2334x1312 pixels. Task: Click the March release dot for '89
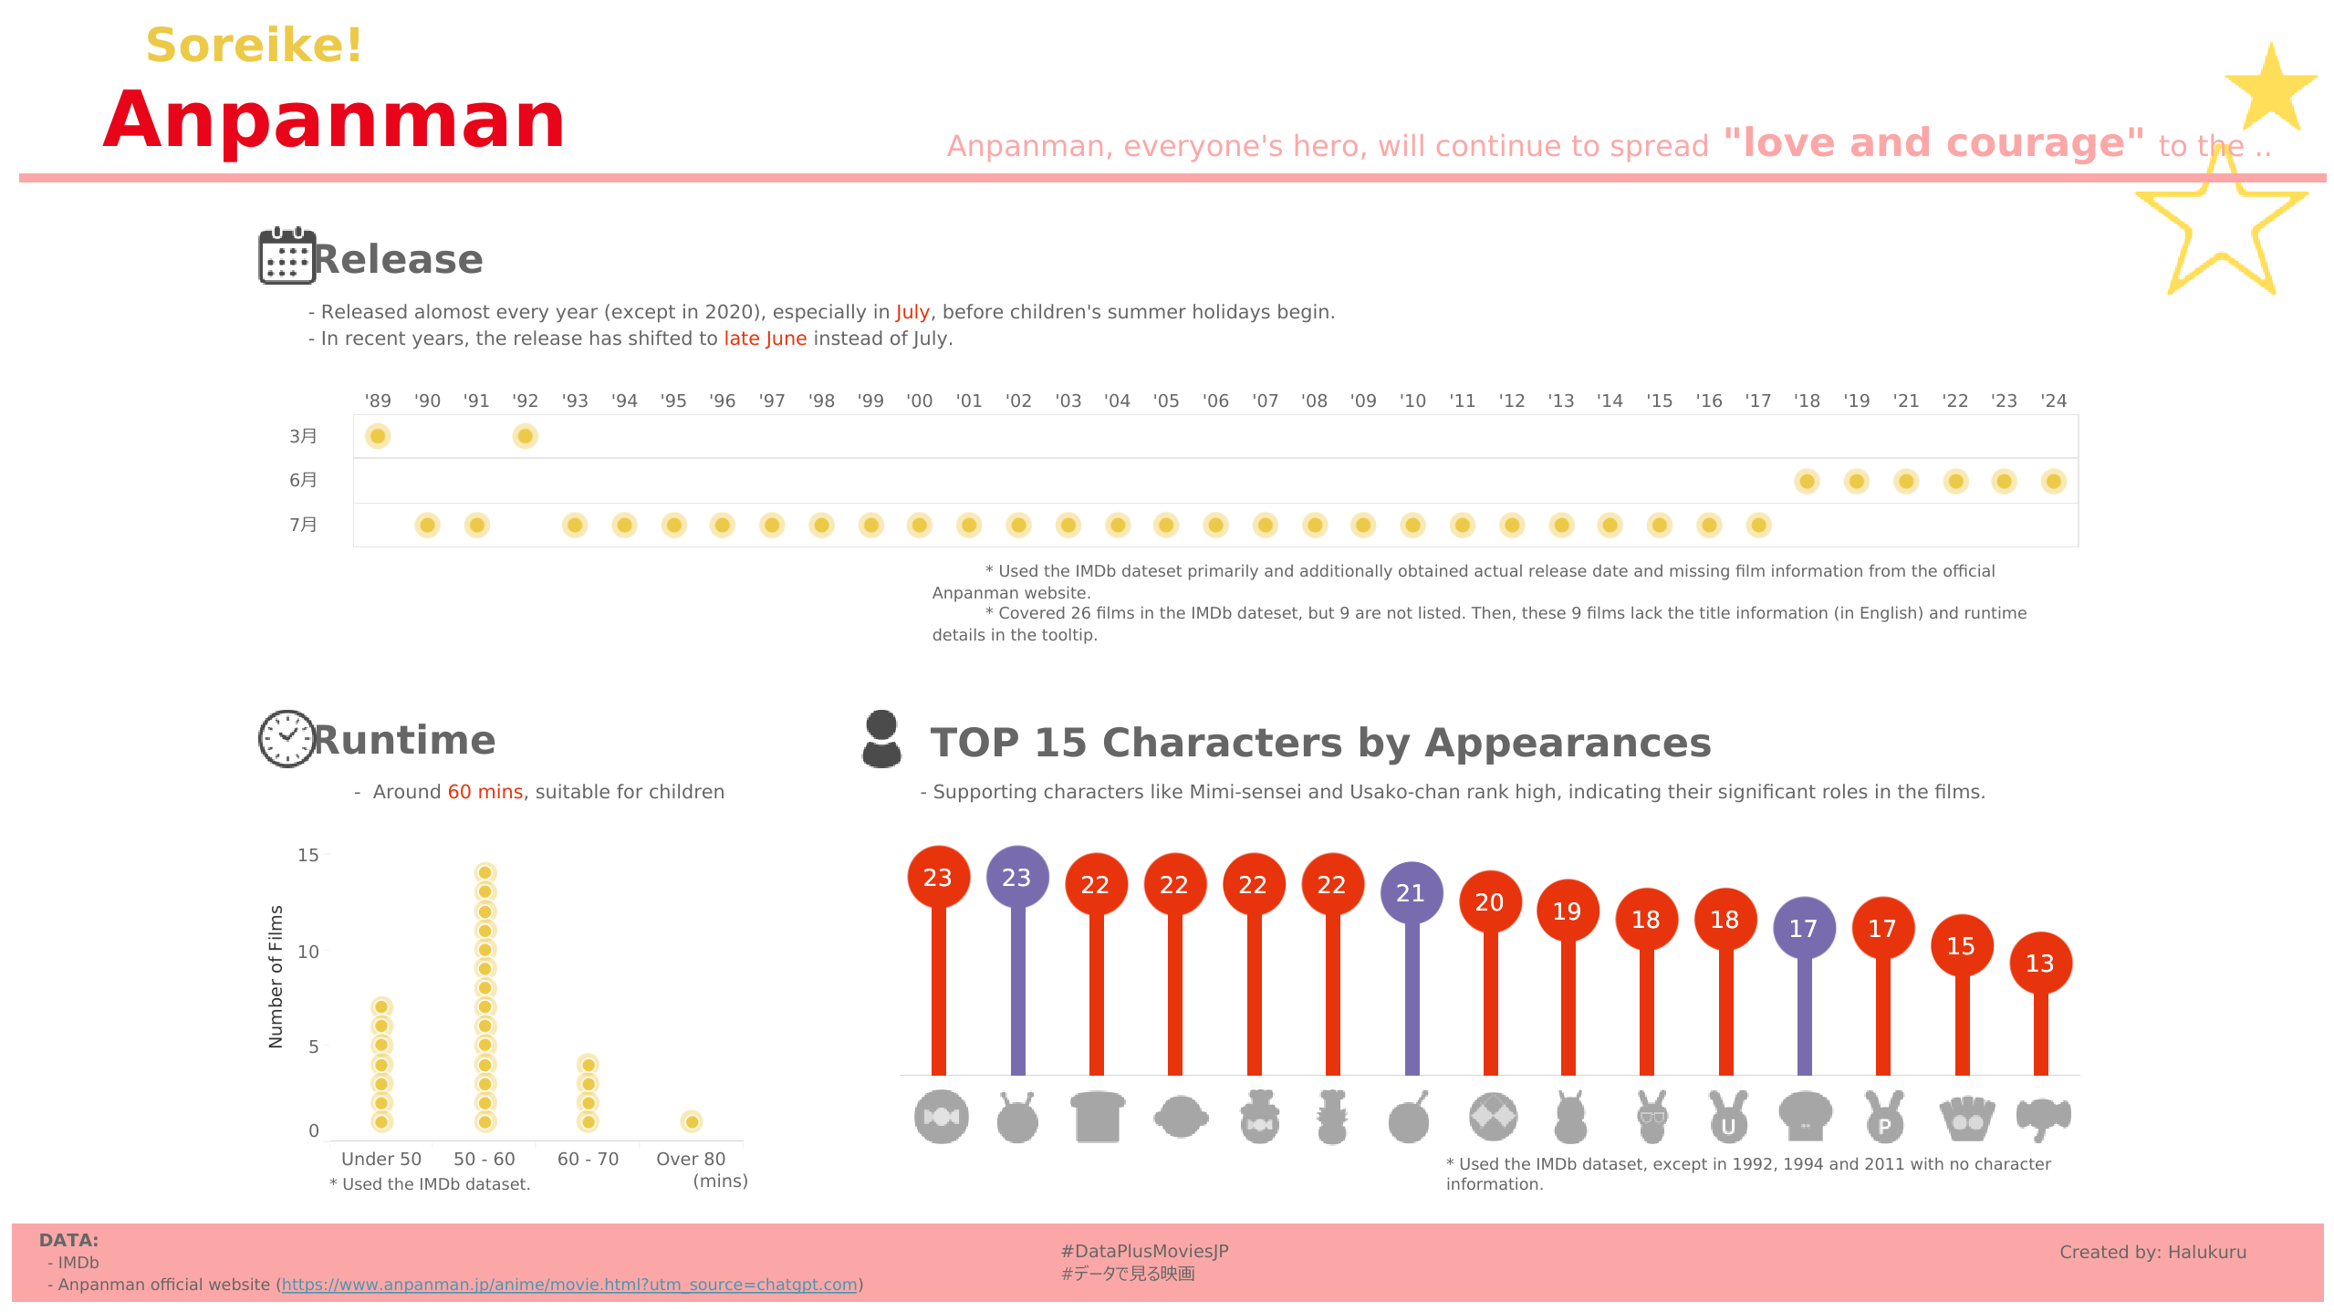click(378, 436)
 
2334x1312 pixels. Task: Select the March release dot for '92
click(525, 436)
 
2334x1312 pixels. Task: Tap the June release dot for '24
click(2053, 481)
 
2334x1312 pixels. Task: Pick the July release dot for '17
click(1758, 525)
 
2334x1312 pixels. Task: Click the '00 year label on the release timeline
click(919, 401)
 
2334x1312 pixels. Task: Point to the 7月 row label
click(303, 525)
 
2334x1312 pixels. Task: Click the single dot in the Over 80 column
click(692, 1121)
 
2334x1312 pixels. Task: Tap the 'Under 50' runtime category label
click(381, 1159)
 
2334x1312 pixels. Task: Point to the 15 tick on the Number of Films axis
click(308, 855)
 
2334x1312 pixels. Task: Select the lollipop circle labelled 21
click(1411, 892)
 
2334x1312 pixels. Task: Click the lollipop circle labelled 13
click(2040, 963)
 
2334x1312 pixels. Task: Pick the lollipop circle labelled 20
click(1489, 901)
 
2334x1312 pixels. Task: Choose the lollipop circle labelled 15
click(1961, 945)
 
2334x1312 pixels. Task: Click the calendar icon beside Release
click(287, 256)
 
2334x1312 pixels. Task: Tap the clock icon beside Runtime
click(287, 738)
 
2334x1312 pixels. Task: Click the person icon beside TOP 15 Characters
click(881, 739)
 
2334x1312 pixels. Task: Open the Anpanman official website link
click(569, 1285)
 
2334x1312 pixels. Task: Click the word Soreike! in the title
click(255, 45)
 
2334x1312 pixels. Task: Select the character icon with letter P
click(1884, 1118)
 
